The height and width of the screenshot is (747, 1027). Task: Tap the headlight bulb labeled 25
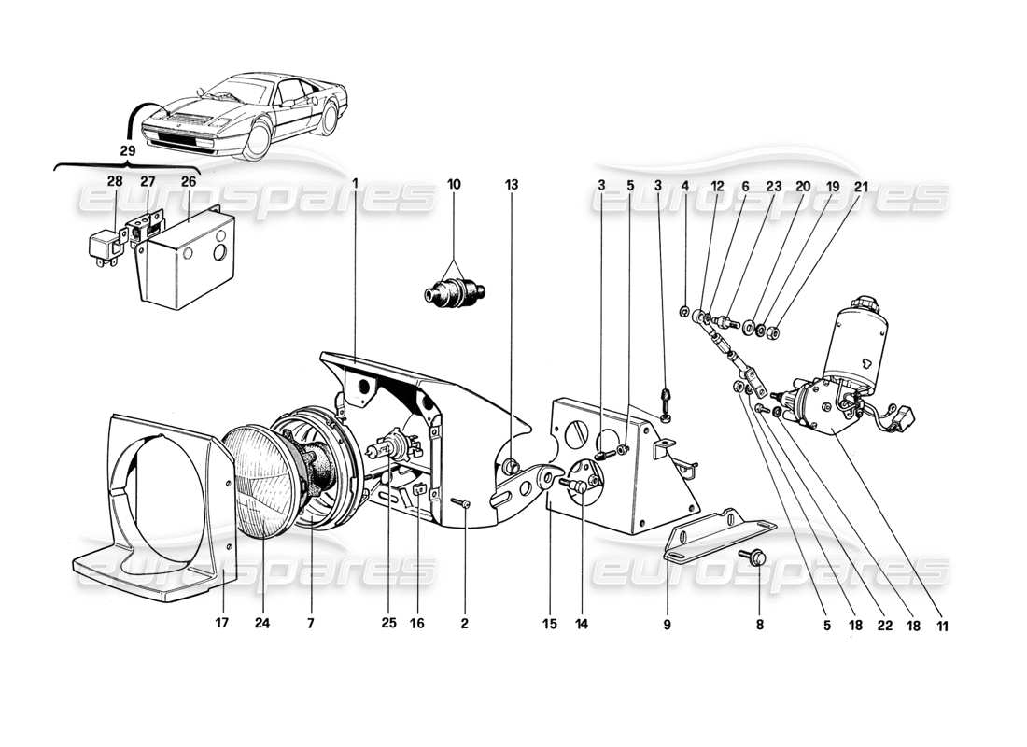[x=383, y=453]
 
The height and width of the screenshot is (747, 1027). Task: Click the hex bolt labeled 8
[x=755, y=557]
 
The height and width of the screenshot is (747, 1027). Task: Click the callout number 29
[x=127, y=149]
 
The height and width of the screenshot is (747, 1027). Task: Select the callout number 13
[x=511, y=185]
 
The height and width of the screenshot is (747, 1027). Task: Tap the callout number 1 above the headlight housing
[x=356, y=185]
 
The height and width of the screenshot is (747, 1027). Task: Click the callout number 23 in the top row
[x=773, y=186]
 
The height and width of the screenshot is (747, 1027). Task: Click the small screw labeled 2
[x=464, y=504]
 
